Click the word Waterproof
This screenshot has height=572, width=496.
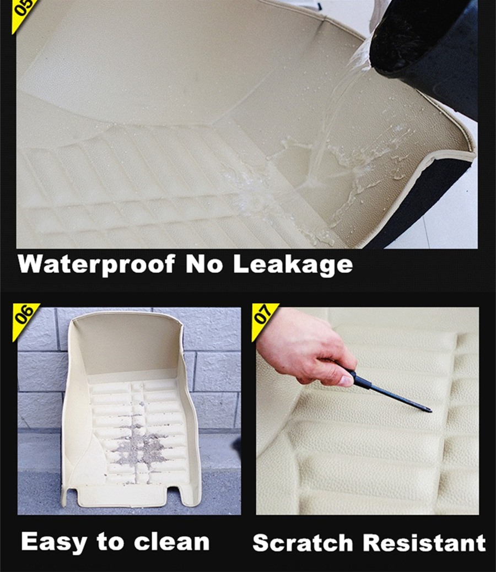96,264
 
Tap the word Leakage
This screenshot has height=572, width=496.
293,264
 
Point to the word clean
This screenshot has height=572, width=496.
171,542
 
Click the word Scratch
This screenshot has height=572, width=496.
303,543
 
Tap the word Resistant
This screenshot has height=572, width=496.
424,543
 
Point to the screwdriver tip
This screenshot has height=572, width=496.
431,411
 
